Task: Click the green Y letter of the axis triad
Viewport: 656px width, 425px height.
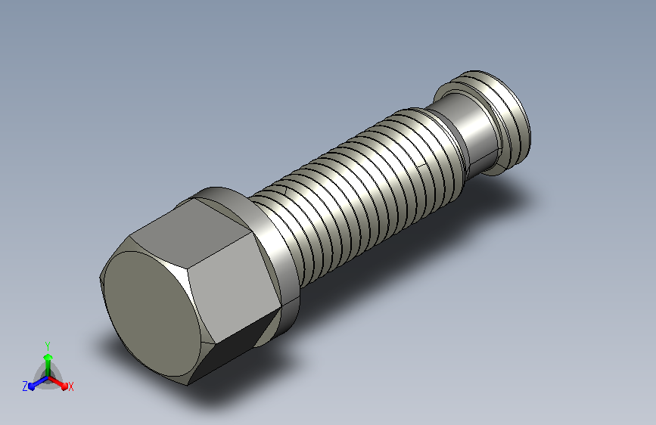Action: coord(48,346)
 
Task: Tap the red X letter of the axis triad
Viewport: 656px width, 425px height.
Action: coord(70,386)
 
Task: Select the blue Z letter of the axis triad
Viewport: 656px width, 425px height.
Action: coord(25,386)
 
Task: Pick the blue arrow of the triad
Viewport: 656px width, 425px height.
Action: coord(38,383)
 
